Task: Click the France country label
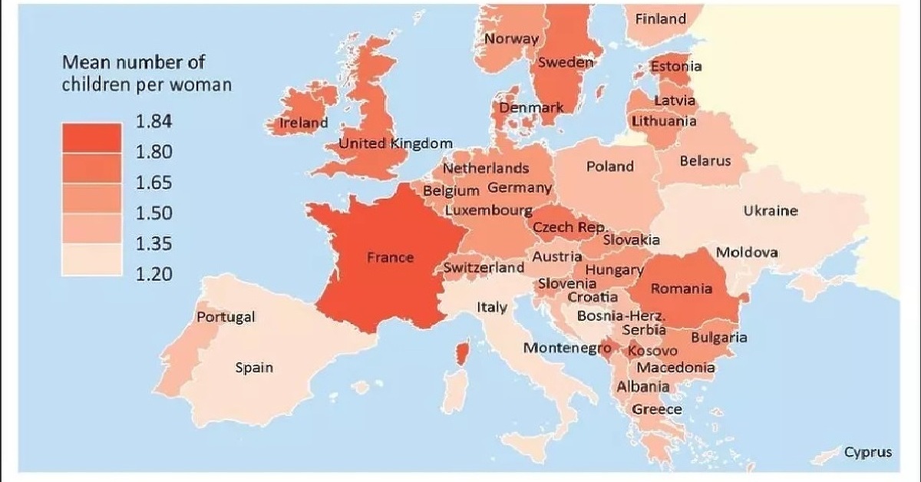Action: tap(390, 258)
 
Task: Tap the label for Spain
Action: tap(254, 368)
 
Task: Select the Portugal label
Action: tap(226, 317)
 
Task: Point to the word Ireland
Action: tap(303, 123)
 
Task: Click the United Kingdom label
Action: tap(395, 144)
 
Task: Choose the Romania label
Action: tap(682, 289)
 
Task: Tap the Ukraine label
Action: tap(771, 211)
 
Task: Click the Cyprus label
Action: tap(868, 452)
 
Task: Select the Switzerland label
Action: tap(484, 268)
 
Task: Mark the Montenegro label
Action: tap(561, 348)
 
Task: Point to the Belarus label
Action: tap(705, 161)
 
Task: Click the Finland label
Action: tap(661, 19)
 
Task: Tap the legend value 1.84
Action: tap(154, 122)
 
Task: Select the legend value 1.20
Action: tap(154, 274)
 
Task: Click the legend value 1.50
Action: tap(154, 213)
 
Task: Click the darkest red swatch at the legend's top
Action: tap(91, 137)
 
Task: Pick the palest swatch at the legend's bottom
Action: tap(91, 259)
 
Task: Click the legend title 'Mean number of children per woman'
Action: tap(147, 73)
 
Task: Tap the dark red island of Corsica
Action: tap(463, 354)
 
